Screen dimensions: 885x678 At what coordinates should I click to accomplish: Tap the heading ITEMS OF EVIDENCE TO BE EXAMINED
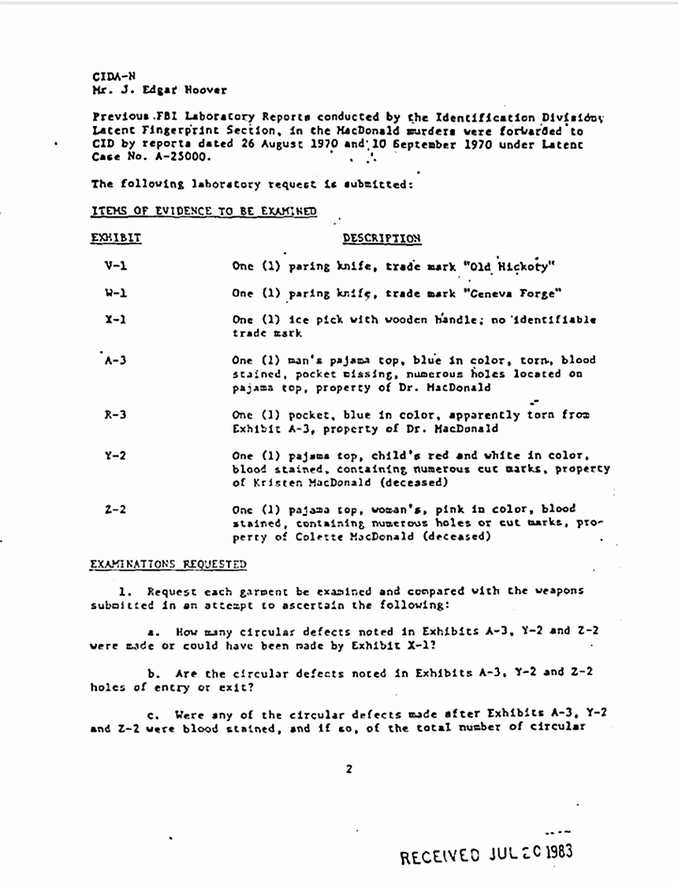[x=204, y=210]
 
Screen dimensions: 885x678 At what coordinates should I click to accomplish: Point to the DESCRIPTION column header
[x=382, y=238]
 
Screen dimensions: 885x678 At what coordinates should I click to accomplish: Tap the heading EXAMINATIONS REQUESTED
[x=168, y=564]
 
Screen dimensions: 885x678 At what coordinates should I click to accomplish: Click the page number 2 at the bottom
[x=348, y=768]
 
